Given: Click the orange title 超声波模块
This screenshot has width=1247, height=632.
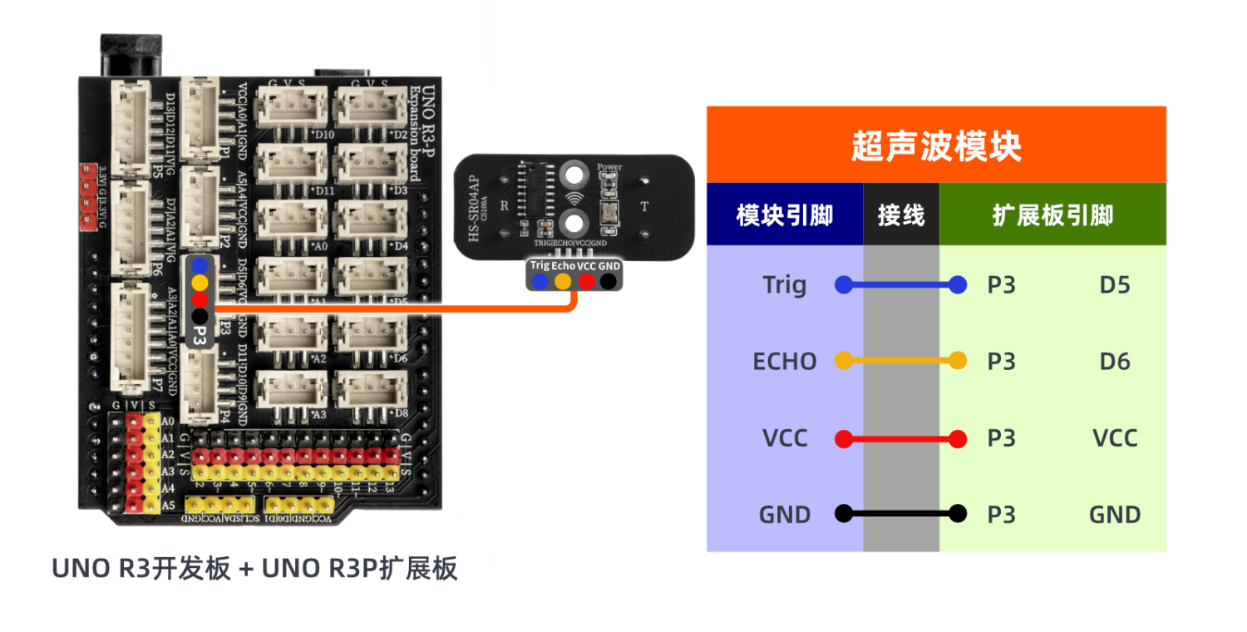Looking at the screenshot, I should tap(936, 146).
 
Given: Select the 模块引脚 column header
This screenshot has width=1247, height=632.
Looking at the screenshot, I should tap(784, 215).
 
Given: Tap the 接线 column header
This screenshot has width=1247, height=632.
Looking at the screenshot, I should tap(901, 215).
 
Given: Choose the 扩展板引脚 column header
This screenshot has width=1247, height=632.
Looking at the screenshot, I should tap(1052, 215).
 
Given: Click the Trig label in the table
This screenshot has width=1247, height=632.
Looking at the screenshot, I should tap(784, 285).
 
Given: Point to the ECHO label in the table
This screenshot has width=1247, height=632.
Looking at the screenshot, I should tap(784, 362).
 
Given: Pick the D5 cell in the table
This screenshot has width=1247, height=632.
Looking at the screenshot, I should tap(1114, 285).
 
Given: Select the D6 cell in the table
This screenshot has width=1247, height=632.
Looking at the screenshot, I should tap(1114, 362).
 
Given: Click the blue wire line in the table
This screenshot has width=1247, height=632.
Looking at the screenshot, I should tap(901, 285).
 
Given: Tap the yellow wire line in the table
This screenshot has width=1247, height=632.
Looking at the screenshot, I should tap(901, 361).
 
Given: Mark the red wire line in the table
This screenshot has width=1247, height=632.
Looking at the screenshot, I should tap(901, 438).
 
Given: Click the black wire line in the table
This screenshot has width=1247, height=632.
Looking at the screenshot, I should tap(901, 514).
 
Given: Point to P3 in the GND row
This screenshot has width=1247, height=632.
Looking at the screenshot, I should tap(1001, 515).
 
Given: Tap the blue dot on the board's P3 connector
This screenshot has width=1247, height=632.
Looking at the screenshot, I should tap(200, 265).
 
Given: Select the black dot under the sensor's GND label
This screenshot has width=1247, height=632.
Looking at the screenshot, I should tap(609, 282).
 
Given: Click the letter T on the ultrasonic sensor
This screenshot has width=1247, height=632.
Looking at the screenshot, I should tap(643, 206).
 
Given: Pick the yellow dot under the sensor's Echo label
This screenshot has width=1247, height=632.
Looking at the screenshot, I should tap(563, 282).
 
